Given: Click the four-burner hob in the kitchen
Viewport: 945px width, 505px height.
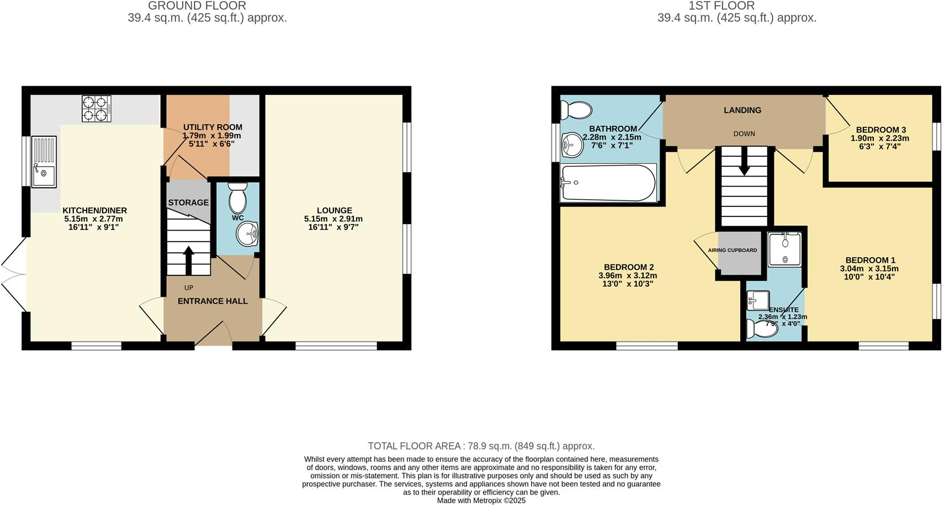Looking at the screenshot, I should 97,108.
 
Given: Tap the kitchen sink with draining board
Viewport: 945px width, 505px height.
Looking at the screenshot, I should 44,162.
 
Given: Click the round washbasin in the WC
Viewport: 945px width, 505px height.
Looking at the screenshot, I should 247,234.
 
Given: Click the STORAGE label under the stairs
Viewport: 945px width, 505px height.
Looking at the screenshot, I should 188,203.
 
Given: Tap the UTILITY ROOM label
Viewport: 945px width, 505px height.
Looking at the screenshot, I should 213,127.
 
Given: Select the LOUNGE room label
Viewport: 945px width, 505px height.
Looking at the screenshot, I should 334,210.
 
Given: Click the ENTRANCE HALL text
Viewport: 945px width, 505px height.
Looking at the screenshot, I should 213,301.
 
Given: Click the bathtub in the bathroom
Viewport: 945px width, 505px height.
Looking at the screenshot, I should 608,183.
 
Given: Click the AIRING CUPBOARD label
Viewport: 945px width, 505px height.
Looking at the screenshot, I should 732,250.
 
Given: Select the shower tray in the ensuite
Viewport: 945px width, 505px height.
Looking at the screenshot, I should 784,249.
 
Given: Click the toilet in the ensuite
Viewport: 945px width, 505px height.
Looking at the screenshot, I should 762,329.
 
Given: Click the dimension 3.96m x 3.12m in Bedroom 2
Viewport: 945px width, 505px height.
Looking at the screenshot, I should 628,275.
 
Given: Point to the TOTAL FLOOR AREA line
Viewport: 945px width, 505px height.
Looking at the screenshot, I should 481,446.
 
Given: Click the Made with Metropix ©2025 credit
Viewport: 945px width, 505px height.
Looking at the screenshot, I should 481,501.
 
